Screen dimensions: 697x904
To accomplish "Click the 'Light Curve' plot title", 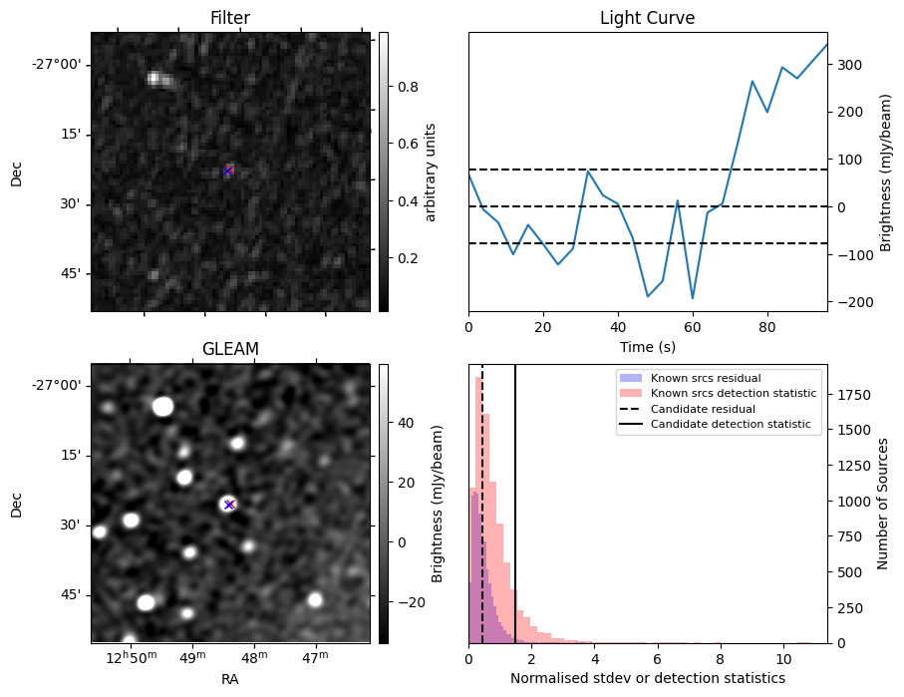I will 647,18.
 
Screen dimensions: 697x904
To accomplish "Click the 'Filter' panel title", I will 230,18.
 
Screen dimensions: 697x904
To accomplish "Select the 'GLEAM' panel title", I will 230,348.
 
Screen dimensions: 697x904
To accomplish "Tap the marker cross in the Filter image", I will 228,172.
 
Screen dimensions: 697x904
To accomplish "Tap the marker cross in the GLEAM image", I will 229,505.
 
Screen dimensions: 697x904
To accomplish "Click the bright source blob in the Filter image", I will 155,78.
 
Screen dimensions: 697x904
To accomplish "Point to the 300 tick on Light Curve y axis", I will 850,65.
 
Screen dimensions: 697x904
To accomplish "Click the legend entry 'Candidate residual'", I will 703,409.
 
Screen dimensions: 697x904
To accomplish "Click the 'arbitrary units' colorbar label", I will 431,172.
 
